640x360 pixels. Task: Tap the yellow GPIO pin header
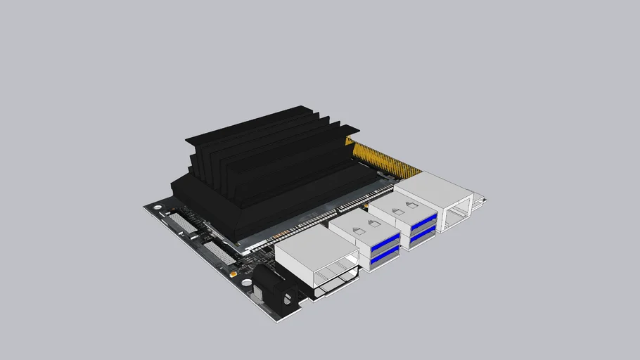[x=383, y=159]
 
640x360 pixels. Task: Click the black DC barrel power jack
[x=275, y=288]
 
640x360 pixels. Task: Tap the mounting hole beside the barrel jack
[x=247, y=283]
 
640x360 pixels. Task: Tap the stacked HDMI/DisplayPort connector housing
[x=316, y=260]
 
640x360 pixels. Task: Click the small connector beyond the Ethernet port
[x=479, y=202]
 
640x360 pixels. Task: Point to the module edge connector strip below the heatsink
[x=316, y=222]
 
